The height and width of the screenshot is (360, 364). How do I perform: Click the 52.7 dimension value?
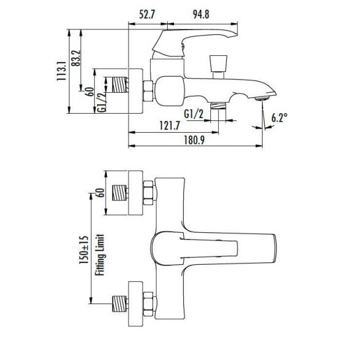[147, 15]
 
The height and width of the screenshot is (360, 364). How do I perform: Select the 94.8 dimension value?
[201, 15]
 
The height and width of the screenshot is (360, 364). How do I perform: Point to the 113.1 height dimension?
[61, 71]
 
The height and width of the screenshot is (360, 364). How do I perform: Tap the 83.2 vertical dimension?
[76, 58]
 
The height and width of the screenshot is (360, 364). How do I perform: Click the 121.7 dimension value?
[170, 126]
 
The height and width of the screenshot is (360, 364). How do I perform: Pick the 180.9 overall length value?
[194, 140]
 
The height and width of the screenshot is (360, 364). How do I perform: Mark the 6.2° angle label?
[280, 118]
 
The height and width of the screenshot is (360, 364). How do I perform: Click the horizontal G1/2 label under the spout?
[194, 114]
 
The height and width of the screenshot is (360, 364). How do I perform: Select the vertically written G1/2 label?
[101, 103]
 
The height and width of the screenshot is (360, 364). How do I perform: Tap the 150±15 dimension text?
[84, 249]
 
